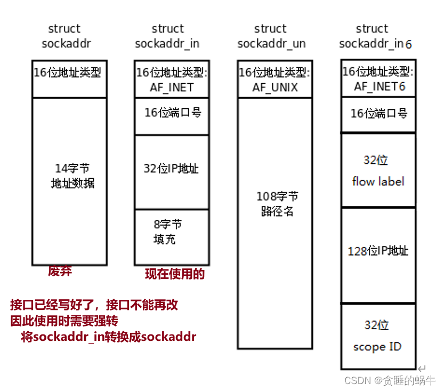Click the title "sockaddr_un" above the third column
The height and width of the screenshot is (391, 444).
[271, 44]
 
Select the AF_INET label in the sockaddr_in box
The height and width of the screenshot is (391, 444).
[171, 87]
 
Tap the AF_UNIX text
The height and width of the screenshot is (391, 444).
[275, 87]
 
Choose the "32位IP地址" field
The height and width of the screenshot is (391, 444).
[171, 169]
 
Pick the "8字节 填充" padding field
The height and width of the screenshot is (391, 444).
[167, 232]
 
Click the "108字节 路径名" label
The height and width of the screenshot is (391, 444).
[277, 204]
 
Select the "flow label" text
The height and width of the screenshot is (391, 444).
[378, 181]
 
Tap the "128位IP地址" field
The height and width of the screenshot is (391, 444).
[378, 251]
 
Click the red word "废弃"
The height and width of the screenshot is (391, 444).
[60, 271]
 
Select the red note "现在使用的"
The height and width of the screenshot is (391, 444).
[175, 274]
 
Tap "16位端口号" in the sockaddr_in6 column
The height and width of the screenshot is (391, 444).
[378, 113]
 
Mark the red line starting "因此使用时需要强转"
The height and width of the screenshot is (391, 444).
[64, 321]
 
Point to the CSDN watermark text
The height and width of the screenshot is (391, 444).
[390, 380]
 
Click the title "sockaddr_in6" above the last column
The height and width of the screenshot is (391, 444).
[375, 44]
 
